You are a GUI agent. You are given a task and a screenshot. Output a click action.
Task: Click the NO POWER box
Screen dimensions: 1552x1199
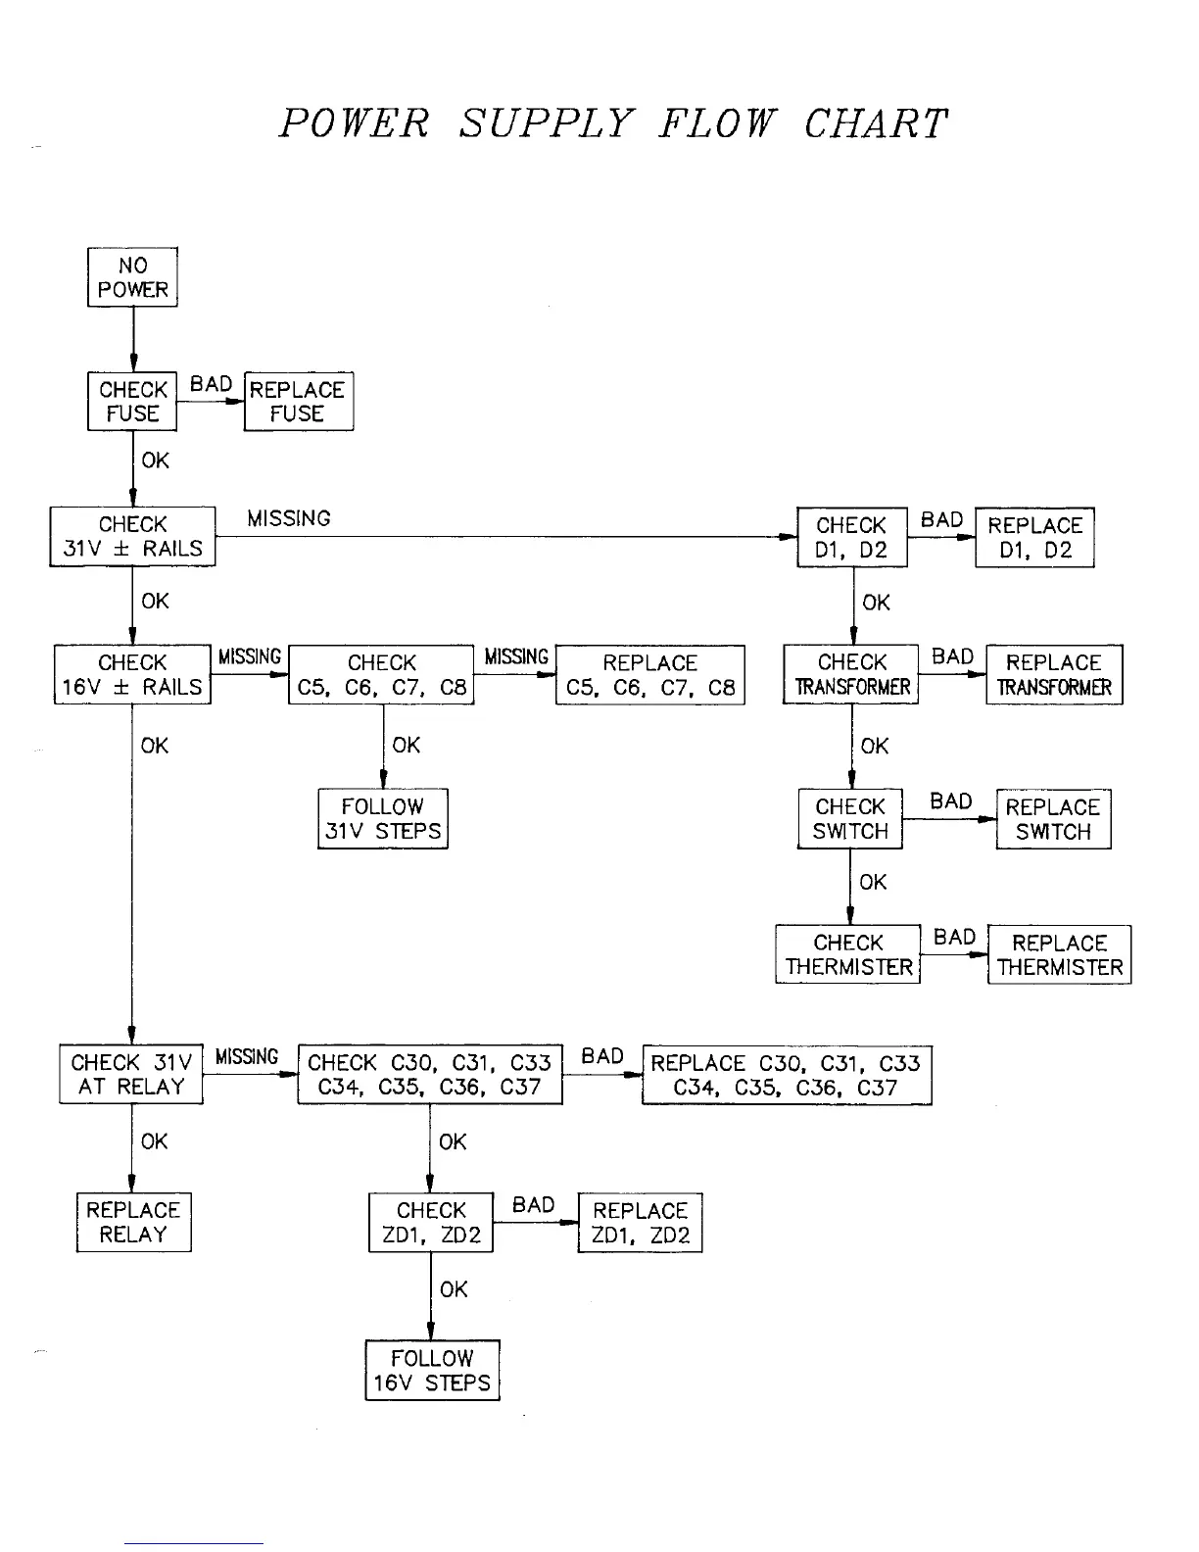(132, 277)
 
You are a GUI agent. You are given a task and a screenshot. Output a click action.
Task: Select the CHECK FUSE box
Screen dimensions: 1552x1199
(132, 402)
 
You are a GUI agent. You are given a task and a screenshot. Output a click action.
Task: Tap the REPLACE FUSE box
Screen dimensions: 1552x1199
(298, 402)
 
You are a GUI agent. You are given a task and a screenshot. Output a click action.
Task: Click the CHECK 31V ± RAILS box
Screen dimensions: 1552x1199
(132, 537)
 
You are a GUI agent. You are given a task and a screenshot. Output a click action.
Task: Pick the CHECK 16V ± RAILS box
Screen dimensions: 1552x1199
(132, 675)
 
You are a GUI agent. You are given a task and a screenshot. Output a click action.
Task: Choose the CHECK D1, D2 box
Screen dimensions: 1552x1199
(851, 538)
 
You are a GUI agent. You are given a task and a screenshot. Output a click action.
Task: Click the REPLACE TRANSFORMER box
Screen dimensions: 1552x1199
(1054, 675)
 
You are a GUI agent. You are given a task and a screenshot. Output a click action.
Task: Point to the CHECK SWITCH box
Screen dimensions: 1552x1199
(850, 819)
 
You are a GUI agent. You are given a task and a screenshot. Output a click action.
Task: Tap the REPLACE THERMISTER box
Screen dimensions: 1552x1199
(1059, 955)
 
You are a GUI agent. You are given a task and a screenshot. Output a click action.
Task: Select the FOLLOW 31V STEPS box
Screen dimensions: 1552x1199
(382, 819)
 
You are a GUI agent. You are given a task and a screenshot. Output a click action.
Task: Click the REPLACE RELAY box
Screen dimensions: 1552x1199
(133, 1222)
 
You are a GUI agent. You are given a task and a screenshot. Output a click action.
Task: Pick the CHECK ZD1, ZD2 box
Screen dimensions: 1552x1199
(431, 1223)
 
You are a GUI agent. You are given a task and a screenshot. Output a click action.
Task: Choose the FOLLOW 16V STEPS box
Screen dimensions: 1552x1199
(432, 1371)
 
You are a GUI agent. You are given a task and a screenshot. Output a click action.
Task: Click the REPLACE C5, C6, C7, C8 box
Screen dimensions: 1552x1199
(650, 675)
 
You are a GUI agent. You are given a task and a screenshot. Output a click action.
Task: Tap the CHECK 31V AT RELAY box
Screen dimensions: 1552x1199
(131, 1075)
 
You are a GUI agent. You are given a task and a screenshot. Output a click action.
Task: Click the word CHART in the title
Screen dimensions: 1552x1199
(876, 124)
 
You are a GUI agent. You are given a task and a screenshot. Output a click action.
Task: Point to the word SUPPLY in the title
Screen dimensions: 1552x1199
(547, 124)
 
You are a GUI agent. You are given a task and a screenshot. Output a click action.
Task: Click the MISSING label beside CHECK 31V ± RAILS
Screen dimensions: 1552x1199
(289, 518)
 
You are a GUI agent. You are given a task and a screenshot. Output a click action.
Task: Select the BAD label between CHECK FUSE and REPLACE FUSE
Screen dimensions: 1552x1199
(211, 384)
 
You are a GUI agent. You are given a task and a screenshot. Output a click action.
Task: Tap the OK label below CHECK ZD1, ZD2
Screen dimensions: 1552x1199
(454, 1289)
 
